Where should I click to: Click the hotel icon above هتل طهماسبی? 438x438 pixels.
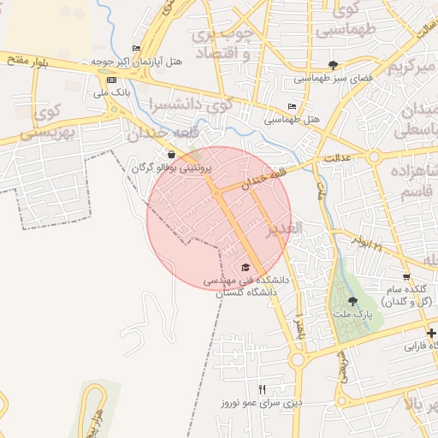click(293, 107)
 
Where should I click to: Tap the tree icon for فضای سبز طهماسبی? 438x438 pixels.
click(333, 65)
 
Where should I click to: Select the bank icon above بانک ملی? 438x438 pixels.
click(110, 80)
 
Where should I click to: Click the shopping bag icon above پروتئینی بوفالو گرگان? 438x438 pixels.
click(172, 155)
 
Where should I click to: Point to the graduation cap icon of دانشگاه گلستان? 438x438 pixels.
click(246, 268)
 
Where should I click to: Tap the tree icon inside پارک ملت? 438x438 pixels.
click(352, 300)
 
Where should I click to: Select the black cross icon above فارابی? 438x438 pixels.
click(432, 333)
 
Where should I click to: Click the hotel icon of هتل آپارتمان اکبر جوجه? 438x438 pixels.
click(136, 49)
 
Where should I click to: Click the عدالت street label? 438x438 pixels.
click(338, 158)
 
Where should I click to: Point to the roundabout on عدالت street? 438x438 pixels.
click(374, 156)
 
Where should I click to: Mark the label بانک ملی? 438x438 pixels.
click(110, 92)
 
